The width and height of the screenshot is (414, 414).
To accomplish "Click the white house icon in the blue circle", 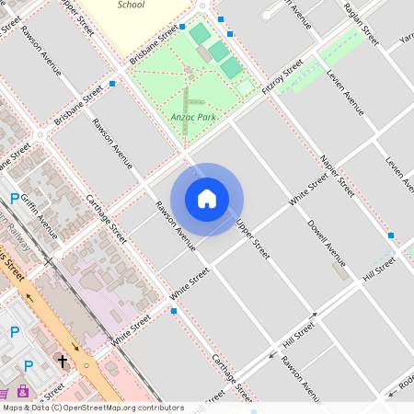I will (207, 199).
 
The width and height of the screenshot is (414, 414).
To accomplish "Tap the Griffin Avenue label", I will (40, 214).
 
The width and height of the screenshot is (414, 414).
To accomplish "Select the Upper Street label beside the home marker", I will (252, 237).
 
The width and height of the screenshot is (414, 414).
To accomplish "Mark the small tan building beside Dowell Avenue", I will (341, 273).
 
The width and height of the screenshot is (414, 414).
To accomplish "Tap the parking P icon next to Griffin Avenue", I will (14, 198).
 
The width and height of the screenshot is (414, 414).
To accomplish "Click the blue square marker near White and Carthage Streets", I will (174, 311).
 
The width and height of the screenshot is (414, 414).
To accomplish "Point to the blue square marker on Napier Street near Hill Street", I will (391, 236).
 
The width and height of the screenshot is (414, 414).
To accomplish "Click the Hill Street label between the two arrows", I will (299, 338).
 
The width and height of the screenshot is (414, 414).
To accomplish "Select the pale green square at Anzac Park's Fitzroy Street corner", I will (246, 87).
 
